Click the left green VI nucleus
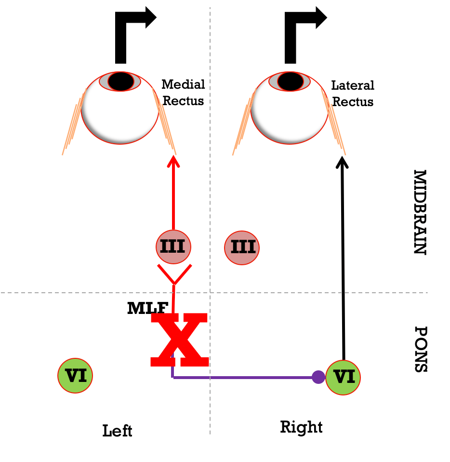click(75, 376)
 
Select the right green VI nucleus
click(343, 378)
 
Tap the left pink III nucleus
click(173, 246)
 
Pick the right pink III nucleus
click(242, 248)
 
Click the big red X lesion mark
click(180, 340)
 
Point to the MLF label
click(148, 308)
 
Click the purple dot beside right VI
click(318, 377)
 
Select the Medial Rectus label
click(183, 93)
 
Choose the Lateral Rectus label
click(353, 94)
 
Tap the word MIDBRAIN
click(420, 212)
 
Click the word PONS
click(421, 349)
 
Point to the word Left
click(117, 431)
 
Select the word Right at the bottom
click(301, 427)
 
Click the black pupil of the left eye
click(120, 82)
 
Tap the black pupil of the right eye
click(290, 82)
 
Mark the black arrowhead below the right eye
click(342, 163)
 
